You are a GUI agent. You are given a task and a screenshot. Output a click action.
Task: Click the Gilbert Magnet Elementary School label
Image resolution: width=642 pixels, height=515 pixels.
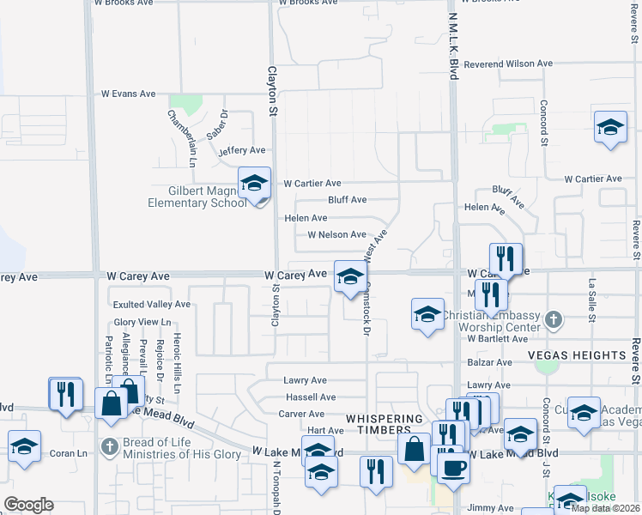pyautogui.click(x=197, y=197)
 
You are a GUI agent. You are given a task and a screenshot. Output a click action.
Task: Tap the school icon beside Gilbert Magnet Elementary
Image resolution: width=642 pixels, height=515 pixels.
pyautogui.click(x=254, y=183)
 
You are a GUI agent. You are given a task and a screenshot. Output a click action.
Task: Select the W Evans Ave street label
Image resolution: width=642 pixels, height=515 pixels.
pyautogui.click(x=128, y=94)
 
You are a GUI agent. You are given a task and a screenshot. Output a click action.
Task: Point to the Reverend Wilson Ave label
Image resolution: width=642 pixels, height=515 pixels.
pyautogui.click(x=509, y=64)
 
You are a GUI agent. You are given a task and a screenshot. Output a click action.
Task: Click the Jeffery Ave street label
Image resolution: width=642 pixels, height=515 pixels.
pyautogui.click(x=236, y=151)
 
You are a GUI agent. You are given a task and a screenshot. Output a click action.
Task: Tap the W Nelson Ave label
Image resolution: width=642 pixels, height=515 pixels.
pyautogui.click(x=336, y=234)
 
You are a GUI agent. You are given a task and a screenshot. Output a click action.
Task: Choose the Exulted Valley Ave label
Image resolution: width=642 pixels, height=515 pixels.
pyautogui.click(x=152, y=305)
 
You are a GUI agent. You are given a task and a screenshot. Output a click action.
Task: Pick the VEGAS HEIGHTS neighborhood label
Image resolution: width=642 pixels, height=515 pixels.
pyautogui.click(x=589, y=355)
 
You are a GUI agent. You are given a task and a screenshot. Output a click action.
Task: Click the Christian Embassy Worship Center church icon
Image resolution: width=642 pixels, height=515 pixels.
pyautogui.click(x=554, y=320)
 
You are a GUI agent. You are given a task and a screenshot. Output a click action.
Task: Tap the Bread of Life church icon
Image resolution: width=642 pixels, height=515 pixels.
pyautogui.click(x=108, y=446)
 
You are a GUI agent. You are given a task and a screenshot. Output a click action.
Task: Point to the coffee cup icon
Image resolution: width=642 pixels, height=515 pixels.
pyautogui.click(x=453, y=469)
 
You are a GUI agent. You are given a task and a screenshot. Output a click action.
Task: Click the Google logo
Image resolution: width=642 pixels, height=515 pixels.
pyautogui.click(x=28, y=505)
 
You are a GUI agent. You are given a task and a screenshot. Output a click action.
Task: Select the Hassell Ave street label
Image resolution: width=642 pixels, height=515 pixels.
pyautogui.click(x=311, y=397)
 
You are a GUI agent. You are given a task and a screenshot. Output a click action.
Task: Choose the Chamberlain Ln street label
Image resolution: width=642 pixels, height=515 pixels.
pyautogui.click(x=183, y=137)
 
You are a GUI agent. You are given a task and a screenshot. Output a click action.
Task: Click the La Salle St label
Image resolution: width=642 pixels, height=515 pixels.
pyautogui.click(x=592, y=300)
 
